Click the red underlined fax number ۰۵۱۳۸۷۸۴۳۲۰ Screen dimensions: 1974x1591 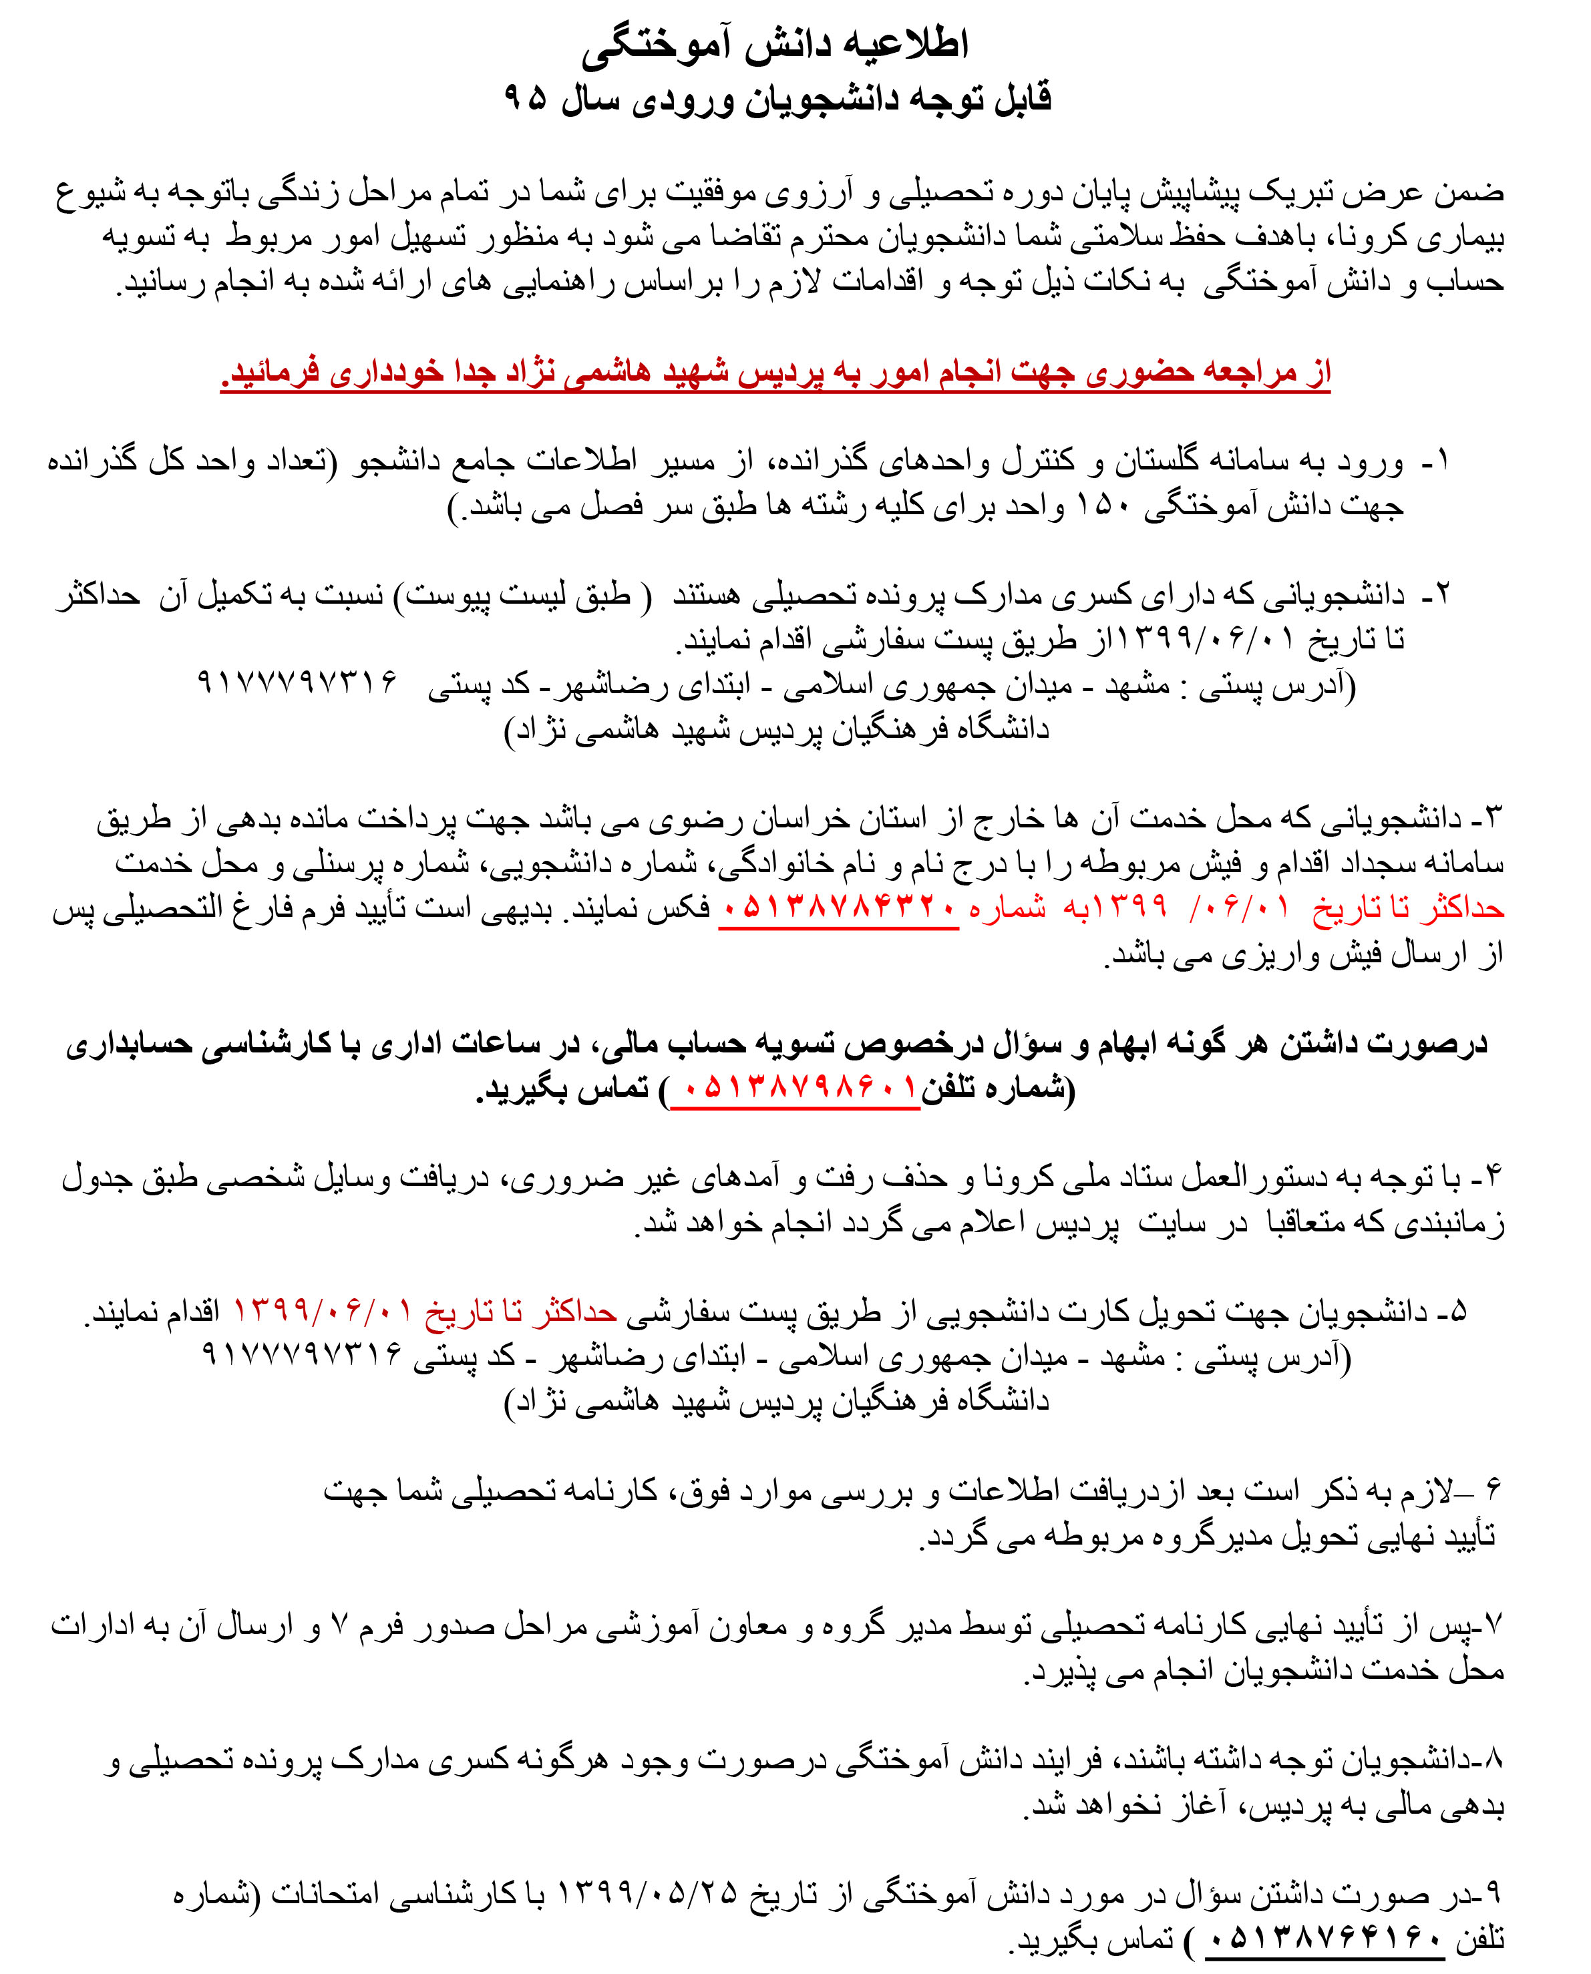click(838, 909)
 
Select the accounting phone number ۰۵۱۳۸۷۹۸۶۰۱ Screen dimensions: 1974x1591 click(795, 1088)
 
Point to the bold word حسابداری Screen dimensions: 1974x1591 click(129, 1044)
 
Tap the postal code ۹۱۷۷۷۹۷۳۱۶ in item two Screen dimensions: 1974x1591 click(297, 682)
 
